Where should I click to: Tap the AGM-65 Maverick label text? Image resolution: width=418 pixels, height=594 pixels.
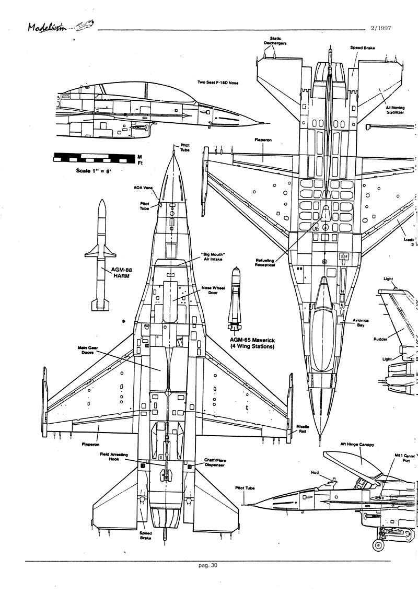tap(252, 343)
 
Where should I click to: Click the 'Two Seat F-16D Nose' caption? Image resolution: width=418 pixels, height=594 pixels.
tap(217, 82)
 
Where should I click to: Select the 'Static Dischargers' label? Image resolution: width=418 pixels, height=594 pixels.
tap(275, 41)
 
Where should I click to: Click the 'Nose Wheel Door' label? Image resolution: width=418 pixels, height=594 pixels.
tap(213, 290)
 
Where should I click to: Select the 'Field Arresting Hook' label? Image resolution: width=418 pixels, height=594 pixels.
tap(114, 458)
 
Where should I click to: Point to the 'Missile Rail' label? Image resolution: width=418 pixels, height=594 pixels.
tap(303, 429)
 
